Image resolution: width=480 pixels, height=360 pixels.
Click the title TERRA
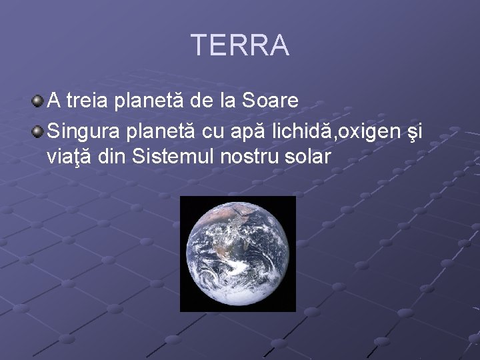(240, 45)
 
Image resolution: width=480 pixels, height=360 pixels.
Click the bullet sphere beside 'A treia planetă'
(39, 101)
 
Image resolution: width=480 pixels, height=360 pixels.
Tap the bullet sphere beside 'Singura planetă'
(39, 129)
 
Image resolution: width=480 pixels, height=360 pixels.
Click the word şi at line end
(413, 131)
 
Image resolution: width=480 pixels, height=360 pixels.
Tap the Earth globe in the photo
(237, 253)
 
